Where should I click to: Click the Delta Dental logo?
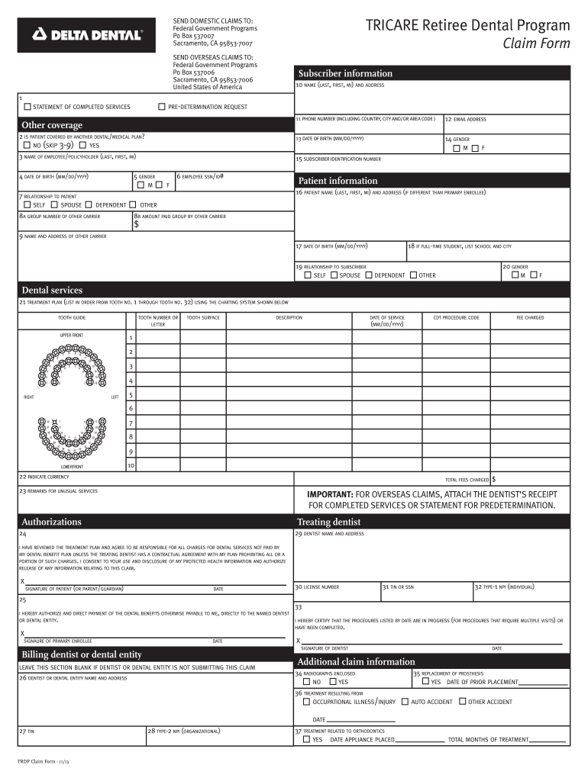tap(86, 34)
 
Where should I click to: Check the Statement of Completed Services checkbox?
tap(27, 107)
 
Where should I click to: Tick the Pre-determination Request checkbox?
tap(162, 107)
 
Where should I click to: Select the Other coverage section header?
tap(52, 125)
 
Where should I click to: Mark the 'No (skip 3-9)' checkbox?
tap(27, 145)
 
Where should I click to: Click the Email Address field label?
tap(470, 120)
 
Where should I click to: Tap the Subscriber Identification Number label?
tap(338, 159)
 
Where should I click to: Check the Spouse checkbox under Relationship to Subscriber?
tap(334, 275)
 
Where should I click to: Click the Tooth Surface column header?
tap(203, 317)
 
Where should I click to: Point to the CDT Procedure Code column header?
tap(456, 317)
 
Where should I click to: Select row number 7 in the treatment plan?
tap(131, 423)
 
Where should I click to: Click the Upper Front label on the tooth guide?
tap(72, 336)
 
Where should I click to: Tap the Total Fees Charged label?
tap(467, 480)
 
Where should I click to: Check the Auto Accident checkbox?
tap(405, 702)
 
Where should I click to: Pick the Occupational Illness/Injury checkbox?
tap(307, 702)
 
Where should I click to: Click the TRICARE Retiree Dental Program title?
tap(467, 26)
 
